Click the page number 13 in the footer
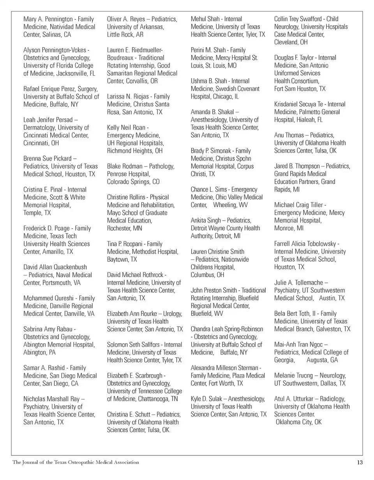(360, 462)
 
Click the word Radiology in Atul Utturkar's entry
(333, 399)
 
